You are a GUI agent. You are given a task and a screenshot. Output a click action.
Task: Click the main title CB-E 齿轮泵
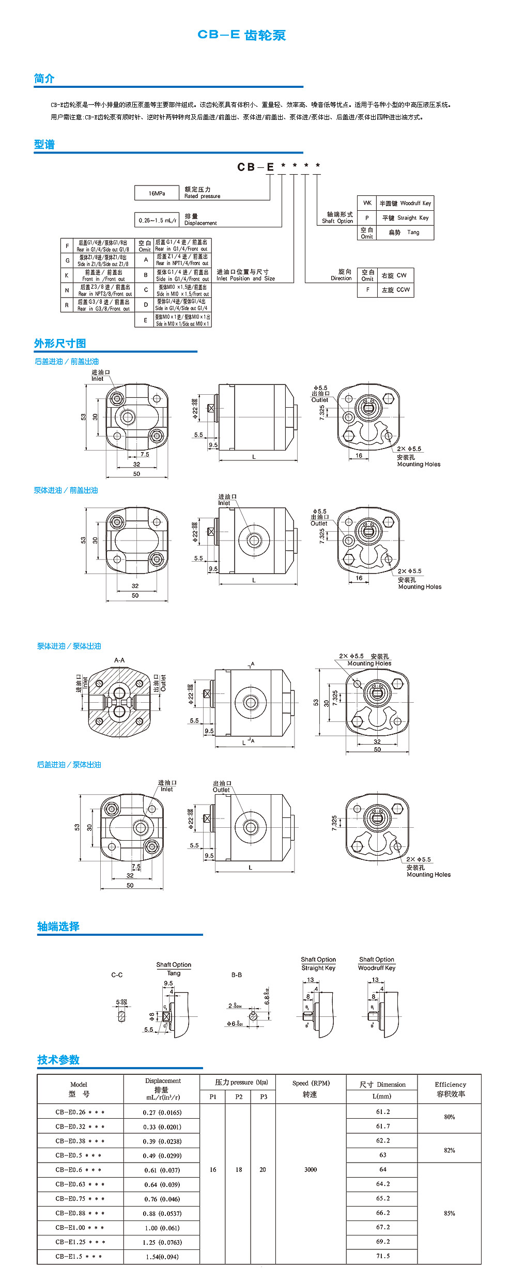pyautogui.click(x=241, y=35)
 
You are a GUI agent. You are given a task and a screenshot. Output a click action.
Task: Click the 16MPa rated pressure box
pyautogui.click(x=157, y=193)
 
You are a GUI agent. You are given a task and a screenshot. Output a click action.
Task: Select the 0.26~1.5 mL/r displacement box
pyautogui.click(x=157, y=220)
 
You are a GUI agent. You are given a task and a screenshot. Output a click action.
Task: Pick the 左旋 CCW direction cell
pyautogui.click(x=395, y=290)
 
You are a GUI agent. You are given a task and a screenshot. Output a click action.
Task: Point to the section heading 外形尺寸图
pyautogui.click(x=60, y=344)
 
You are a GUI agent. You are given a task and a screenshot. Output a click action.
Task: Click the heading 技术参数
pyautogui.click(x=58, y=1060)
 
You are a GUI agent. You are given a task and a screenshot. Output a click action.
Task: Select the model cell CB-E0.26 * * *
pyautogui.click(x=80, y=1112)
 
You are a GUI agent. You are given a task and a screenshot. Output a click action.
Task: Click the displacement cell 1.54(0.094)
pyautogui.click(x=162, y=1257)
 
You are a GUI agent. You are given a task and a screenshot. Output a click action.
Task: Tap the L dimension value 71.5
pyautogui.click(x=382, y=1256)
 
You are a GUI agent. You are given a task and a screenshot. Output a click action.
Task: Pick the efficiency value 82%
pyautogui.click(x=449, y=1150)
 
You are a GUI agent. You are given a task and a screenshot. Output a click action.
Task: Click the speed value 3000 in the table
pyautogui.click(x=311, y=1184)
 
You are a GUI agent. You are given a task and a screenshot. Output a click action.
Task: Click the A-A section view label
pyautogui.click(x=119, y=660)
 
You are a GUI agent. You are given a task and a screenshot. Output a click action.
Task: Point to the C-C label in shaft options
pyautogui.click(x=117, y=975)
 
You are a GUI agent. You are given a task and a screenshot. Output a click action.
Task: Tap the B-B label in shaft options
pyautogui.click(x=237, y=975)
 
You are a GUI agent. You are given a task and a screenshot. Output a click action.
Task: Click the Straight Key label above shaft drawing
pyautogui.click(x=318, y=968)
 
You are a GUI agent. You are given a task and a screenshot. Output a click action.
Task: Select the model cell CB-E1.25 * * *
pyautogui.click(x=80, y=1242)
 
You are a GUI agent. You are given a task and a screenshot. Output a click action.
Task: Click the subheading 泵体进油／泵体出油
pyautogui.click(x=69, y=646)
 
